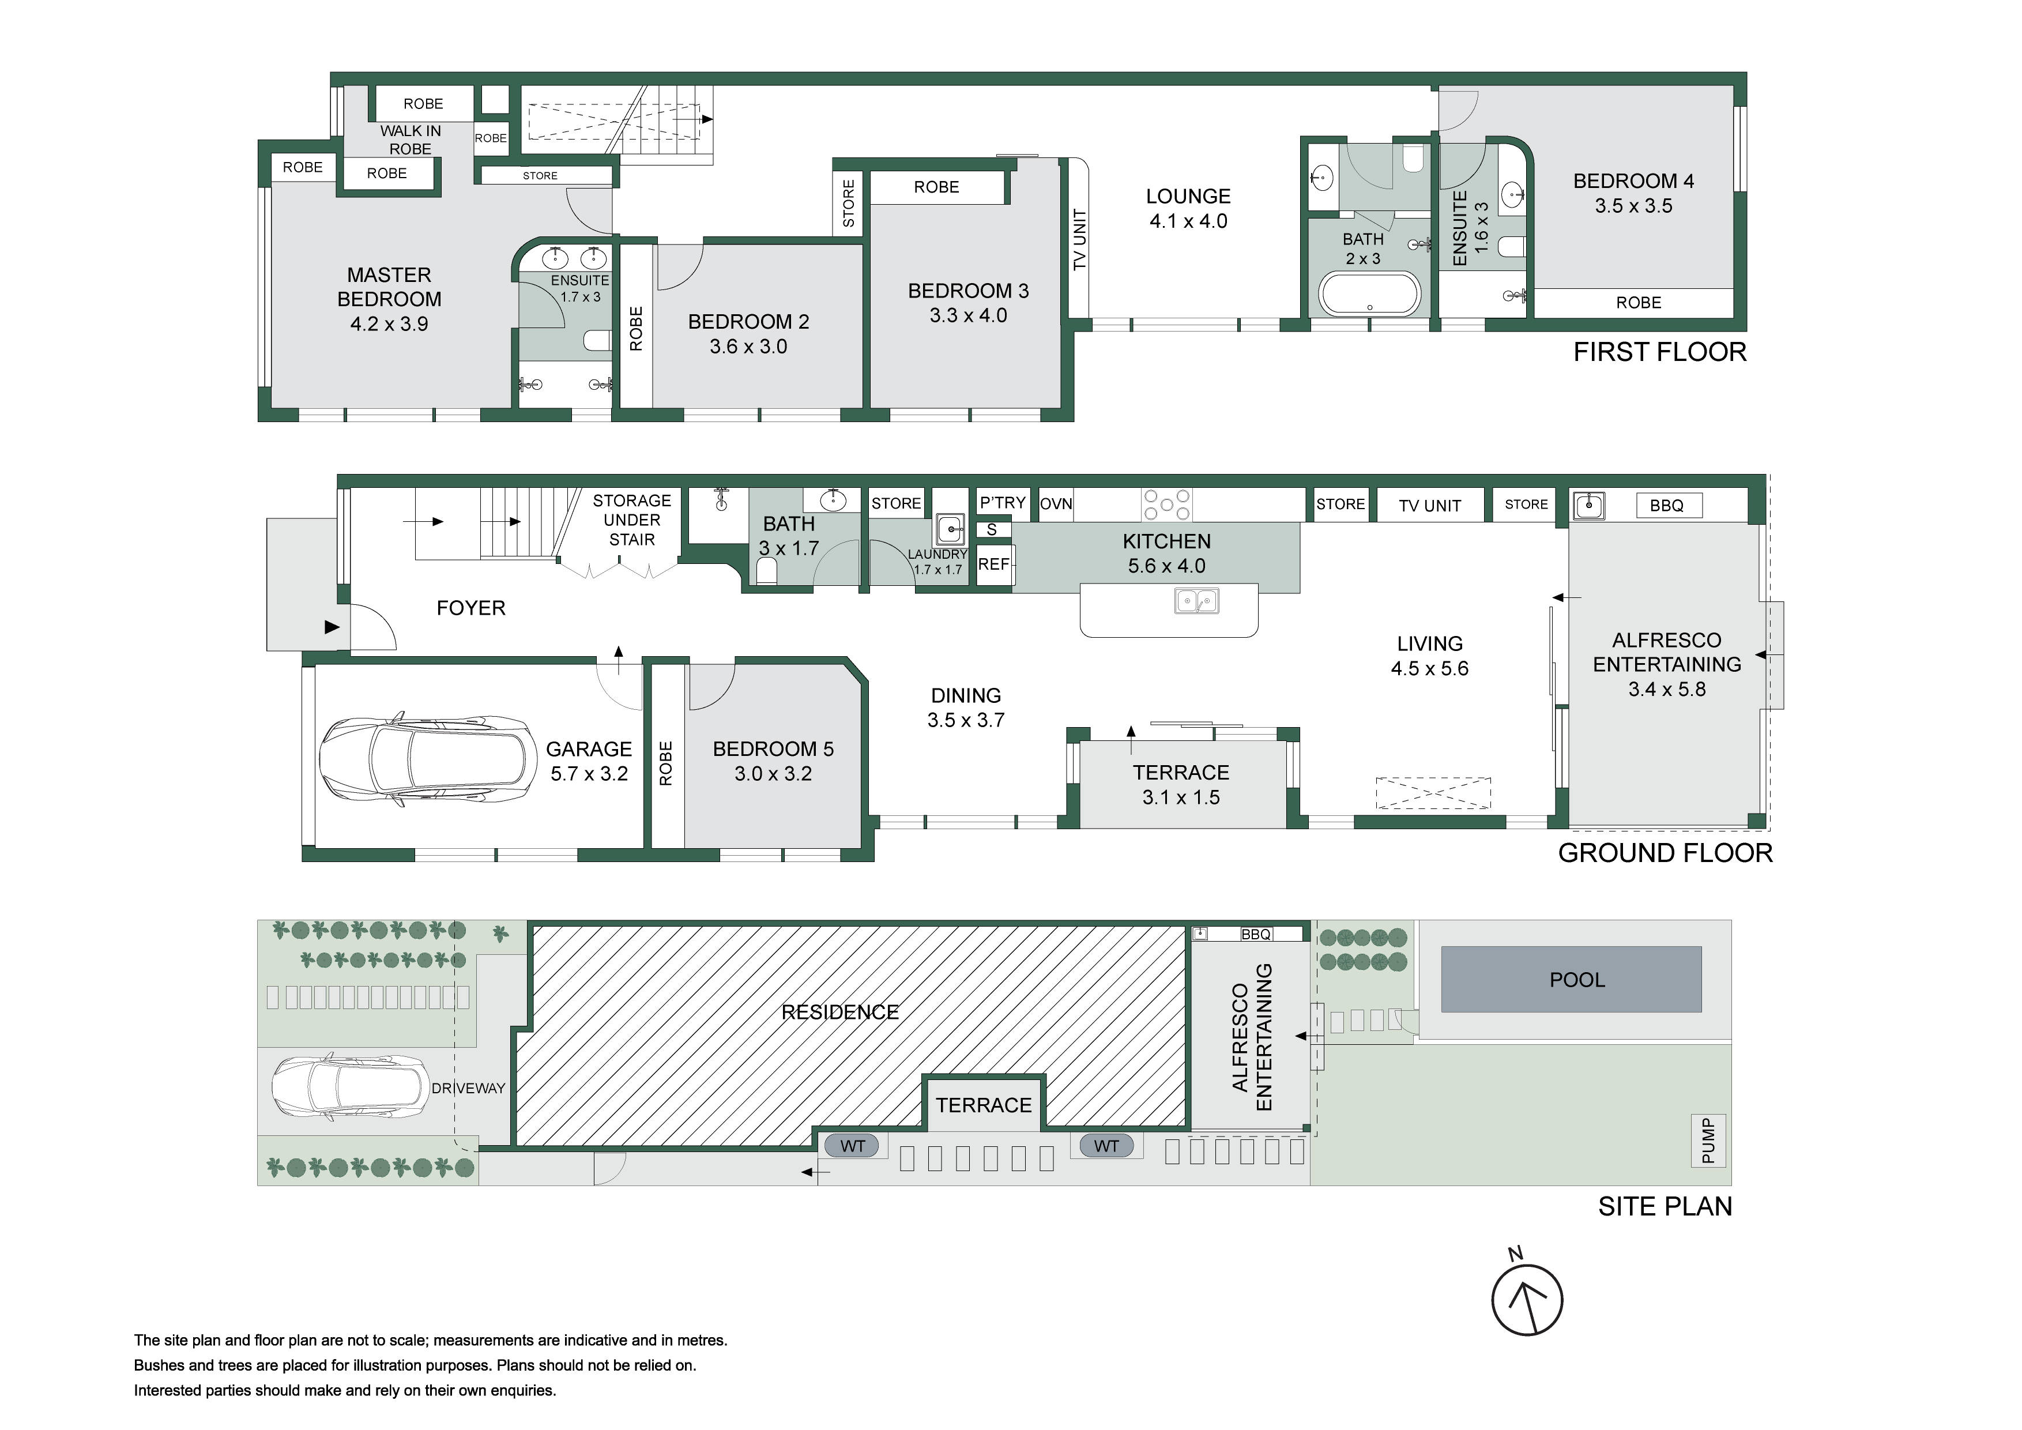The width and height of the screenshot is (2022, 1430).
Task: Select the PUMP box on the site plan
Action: point(1708,1141)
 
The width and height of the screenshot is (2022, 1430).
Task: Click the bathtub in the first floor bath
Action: point(1369,294)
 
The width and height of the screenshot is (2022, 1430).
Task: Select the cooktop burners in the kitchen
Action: point(1167,505)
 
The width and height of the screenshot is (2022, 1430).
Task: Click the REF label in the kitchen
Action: point(993,565)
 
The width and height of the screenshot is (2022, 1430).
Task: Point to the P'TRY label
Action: point(1002,503)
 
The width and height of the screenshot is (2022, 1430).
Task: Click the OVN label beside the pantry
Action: point(1056,505)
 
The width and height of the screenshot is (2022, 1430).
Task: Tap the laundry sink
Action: point(950,530)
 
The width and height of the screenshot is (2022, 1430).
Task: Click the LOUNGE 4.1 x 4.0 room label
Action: point(1188,209)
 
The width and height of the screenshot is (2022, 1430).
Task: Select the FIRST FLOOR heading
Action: point(1659,352)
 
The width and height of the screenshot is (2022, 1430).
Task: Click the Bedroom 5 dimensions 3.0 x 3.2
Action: point(773,774)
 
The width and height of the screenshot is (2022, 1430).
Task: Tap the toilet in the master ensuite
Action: point(598,341)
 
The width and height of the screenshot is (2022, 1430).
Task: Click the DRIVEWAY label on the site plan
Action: point(469,1088)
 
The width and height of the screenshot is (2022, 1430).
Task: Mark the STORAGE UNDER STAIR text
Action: point(631,520)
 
